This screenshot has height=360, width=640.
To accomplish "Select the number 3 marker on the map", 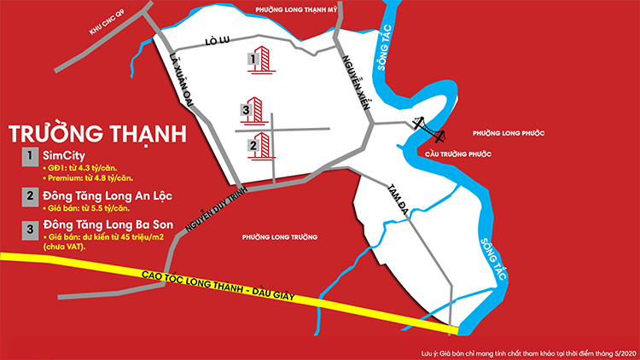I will pyautogui.click(x=245, y=111).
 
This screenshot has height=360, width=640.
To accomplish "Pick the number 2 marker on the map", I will pyautogui.click(x=253, y=146).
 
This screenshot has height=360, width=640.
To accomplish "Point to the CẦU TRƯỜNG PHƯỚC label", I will pyautogui.click(x=459, y=154).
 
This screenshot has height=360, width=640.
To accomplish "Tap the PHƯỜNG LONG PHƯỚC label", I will pyautogui.click(x=508, y=134).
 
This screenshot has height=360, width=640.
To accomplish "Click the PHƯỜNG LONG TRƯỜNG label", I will pyautogui.click(x=280, y=237).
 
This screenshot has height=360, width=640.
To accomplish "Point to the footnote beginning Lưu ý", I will pyautogui.click(x=530, y=351).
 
